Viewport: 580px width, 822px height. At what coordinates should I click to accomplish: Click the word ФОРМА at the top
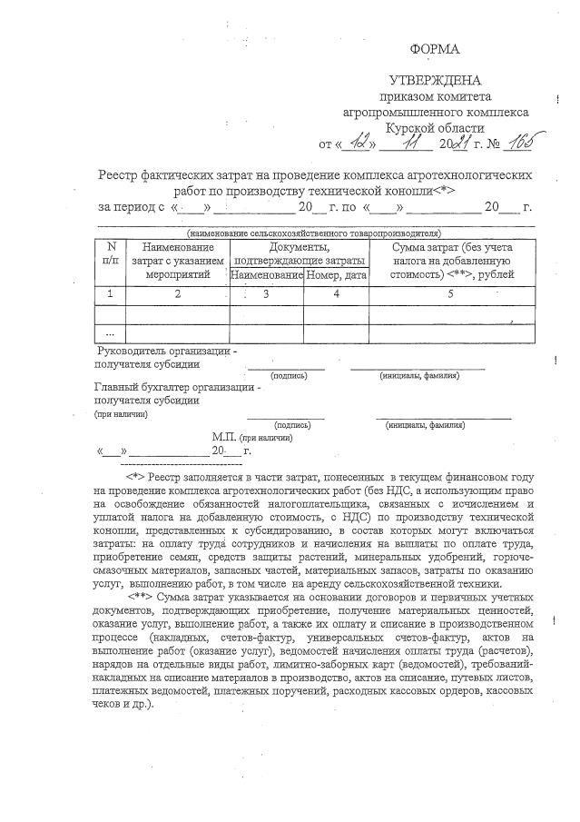click(435, 48)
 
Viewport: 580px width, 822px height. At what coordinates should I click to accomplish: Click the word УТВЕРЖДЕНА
click(435, 81)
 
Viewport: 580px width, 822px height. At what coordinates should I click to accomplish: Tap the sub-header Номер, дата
click(336, 274)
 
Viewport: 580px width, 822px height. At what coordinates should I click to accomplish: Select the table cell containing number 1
click(112, 293)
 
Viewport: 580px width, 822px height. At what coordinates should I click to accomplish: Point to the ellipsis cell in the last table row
click(112, 333)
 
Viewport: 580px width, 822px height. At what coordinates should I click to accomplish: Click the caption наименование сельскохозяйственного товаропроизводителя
click(313, 233)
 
